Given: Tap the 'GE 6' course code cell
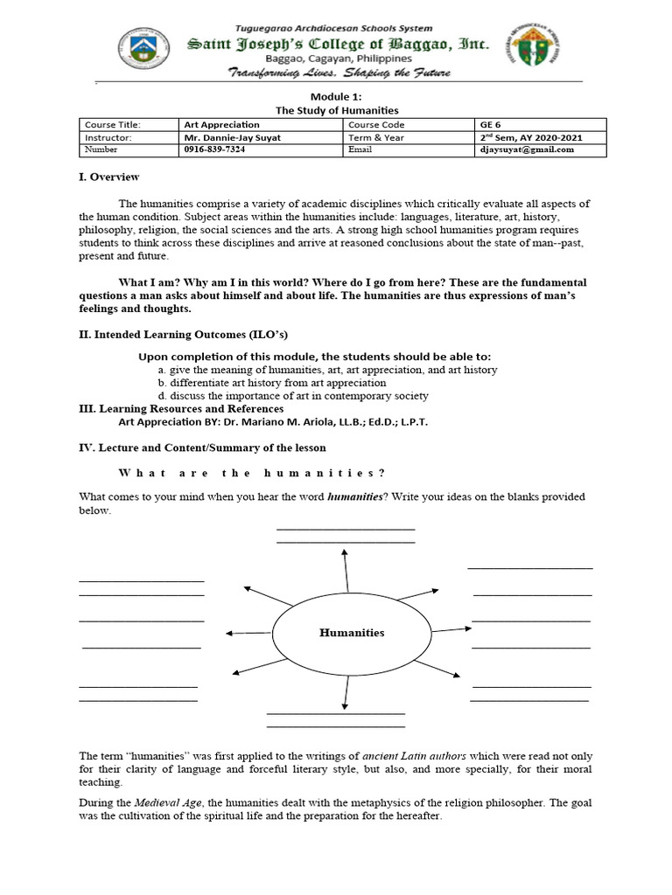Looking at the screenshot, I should (x=487, y=125).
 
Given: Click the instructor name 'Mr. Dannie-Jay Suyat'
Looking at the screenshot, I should (x=233, y=137).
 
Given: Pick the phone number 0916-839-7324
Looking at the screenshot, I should (x=215, y=149).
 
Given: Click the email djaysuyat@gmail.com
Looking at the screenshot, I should (x=527, y=149).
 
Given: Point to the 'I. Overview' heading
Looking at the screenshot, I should (x=108, y=177).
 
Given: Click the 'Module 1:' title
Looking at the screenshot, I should (x=337, y=98).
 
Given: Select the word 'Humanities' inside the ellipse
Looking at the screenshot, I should (x=351, y=633).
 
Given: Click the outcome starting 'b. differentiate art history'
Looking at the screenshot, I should (x=271, y=383).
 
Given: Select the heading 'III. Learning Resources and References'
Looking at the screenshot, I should (x=181, y=408).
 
